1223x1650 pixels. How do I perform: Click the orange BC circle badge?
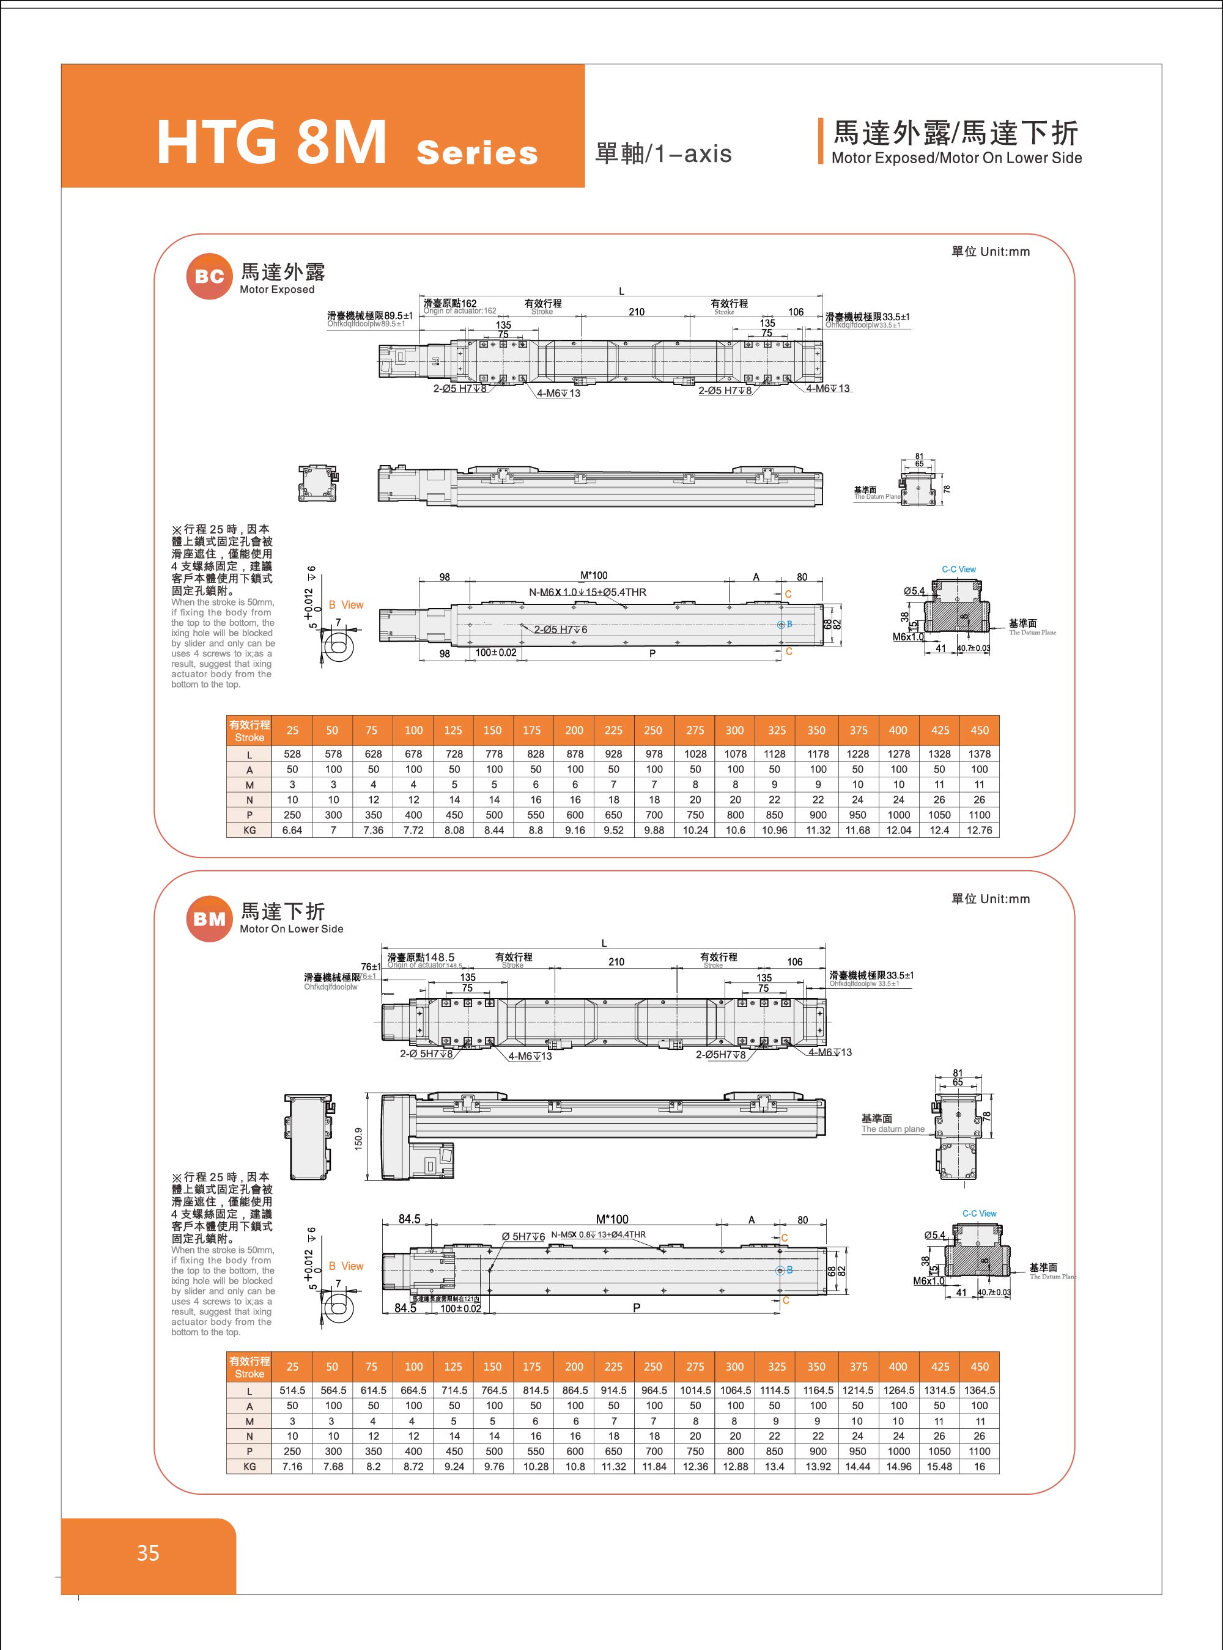pos(210,277)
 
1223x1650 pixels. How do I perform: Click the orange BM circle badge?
pos(210,919)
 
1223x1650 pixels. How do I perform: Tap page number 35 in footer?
pos(148,1552)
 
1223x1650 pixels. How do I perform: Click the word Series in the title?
pos(477,152)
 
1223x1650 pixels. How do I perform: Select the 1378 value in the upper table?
pos(978,754)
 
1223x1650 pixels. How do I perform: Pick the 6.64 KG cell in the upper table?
pos(292,830)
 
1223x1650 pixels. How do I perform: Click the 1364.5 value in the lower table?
pos(978,1390)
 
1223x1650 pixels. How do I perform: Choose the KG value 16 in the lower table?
pos(978,1467)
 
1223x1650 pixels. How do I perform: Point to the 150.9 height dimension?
pos(359,1138)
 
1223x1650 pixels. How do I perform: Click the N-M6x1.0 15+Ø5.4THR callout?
pos(587,592)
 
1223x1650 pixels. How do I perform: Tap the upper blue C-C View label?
pos(959,569)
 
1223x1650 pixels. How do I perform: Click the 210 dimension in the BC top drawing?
pos(637,312)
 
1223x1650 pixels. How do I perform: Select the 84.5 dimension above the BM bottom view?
pos(409,1219)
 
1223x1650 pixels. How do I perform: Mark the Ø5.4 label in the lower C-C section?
pos(934,1235)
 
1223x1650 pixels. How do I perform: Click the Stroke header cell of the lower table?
pos(249,1366)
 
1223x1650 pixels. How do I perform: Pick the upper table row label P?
pos(249,815)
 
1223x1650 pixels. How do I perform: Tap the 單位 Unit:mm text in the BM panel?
pos(990,899)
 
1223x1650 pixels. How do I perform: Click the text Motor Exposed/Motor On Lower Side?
pos(956,158)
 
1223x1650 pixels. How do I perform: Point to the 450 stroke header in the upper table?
pos(978,730)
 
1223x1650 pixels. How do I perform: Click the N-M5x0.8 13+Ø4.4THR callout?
pos(598,1234)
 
